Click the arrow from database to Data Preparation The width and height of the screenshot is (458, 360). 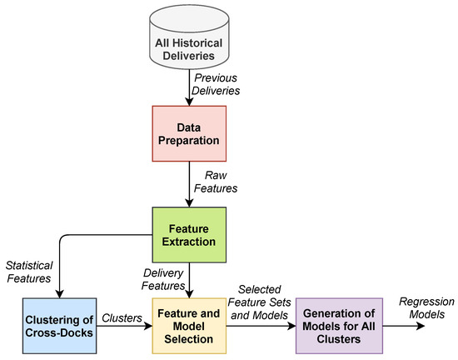192,87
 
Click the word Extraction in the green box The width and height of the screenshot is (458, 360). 192,242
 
